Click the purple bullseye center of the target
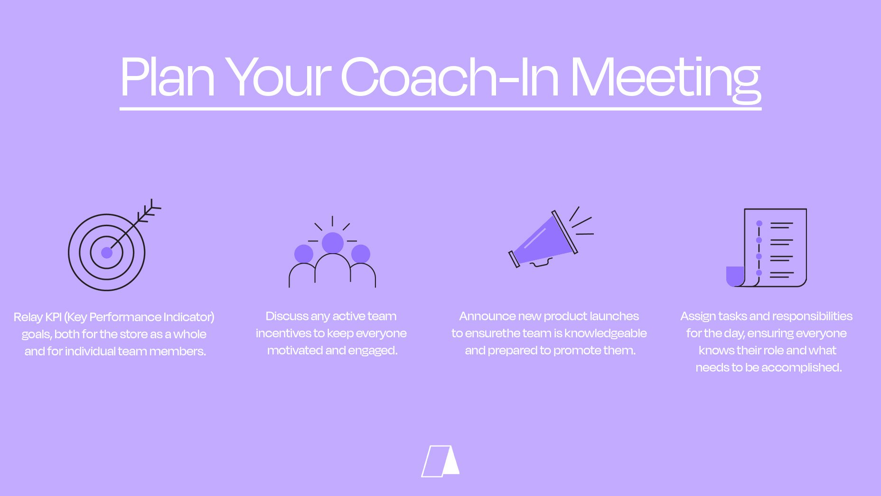tap(107, 252)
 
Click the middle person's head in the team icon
tap(332, 243)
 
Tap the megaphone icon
tap(551, 237)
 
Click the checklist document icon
tap(766, 248)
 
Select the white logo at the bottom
tap(440, 461)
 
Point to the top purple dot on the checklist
tap(759, 223)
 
